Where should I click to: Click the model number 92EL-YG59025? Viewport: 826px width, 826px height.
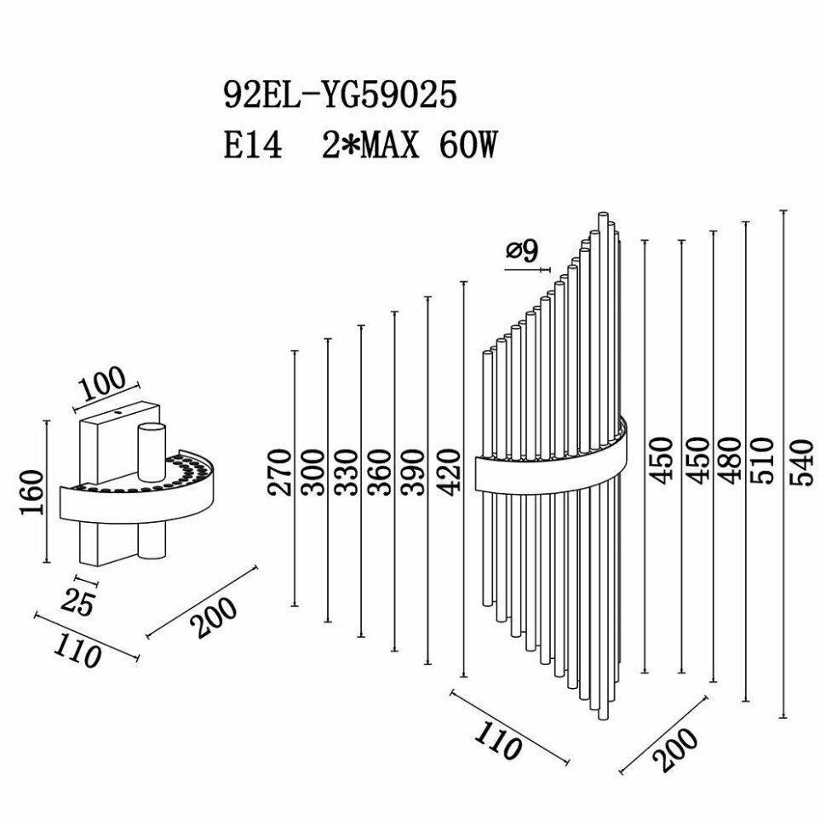[340, 95]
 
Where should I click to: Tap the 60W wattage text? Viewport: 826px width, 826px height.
[467, 146]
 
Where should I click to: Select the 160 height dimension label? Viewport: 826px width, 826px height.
[32, 492]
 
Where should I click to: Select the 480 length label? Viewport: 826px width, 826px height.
[730, 460]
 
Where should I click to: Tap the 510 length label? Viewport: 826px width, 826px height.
[764, 460]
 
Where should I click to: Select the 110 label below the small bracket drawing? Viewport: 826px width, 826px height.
[77, 651]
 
